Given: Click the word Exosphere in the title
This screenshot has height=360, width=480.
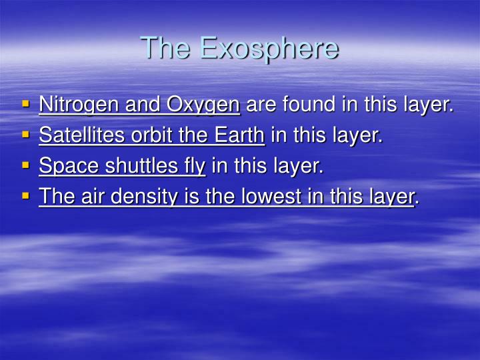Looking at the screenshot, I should [269, 48].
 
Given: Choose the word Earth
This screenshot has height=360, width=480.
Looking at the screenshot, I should [239, 135].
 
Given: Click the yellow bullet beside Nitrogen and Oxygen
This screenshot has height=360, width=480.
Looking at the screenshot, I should [26, 105].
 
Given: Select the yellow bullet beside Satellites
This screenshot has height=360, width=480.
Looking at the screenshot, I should [26, 135].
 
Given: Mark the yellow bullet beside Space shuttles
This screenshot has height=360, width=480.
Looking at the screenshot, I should [26, 166].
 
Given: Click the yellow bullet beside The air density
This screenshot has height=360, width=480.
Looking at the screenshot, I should [26, 197].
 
